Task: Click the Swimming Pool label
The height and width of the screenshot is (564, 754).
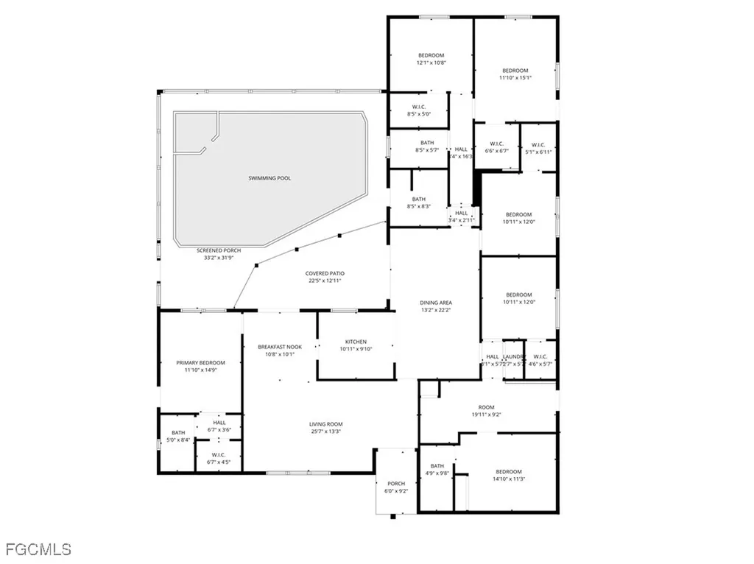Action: [269, 178]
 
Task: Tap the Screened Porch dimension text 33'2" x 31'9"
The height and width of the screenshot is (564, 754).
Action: [219, 258]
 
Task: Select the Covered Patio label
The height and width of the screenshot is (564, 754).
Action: [325, 273]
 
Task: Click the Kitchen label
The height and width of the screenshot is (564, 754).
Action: [356, 342]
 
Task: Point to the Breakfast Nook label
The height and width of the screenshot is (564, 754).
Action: [280, 347]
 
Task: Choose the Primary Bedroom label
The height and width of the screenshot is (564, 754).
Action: [200, 363]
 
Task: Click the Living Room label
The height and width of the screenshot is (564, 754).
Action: [325, 424]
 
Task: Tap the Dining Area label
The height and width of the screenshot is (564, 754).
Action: [436, 303]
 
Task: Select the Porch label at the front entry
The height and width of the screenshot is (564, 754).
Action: [396, 484]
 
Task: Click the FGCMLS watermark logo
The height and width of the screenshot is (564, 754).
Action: [38, 549]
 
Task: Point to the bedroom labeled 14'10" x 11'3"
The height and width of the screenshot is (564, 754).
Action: [508, 471]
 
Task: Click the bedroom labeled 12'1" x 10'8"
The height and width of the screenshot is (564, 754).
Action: [431, 55]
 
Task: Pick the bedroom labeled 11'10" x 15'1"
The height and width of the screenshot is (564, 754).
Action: [515, 71]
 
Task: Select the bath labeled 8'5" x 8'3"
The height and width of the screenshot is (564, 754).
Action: [418, 199]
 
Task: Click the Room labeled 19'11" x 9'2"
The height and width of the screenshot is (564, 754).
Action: [486, 407]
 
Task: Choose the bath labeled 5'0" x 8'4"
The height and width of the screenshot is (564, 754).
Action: [178, 433]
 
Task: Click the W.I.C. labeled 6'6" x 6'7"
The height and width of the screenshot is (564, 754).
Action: [496, 144]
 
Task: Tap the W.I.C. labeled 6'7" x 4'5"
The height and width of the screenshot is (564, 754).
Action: [218, 455]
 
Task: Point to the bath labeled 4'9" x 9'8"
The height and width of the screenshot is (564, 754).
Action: [437, 465]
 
